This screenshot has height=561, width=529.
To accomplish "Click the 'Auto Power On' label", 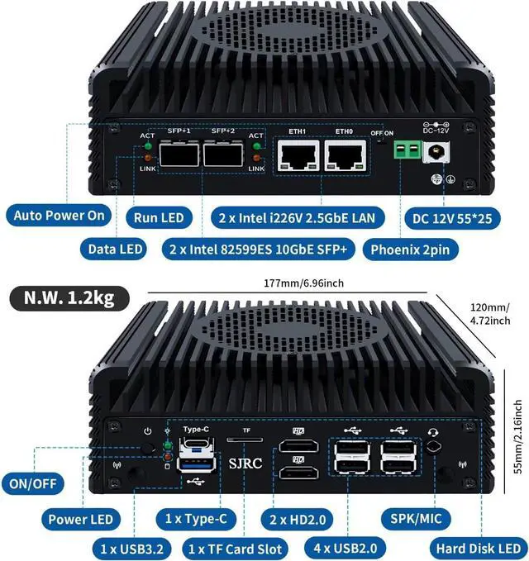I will point(60,216).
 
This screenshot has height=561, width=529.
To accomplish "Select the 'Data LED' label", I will point(114,249).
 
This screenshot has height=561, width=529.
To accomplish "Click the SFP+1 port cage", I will point(179,153).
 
